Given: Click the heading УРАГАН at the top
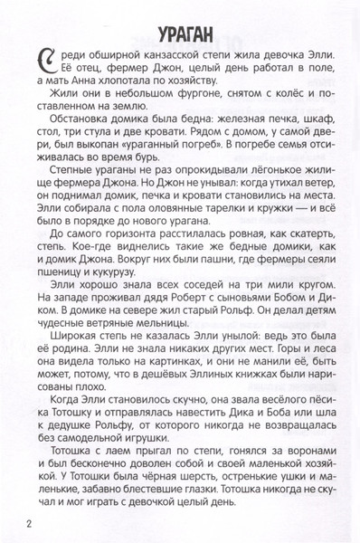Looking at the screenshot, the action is pos(180,34).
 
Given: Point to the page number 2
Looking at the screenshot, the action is pos(30,523).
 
